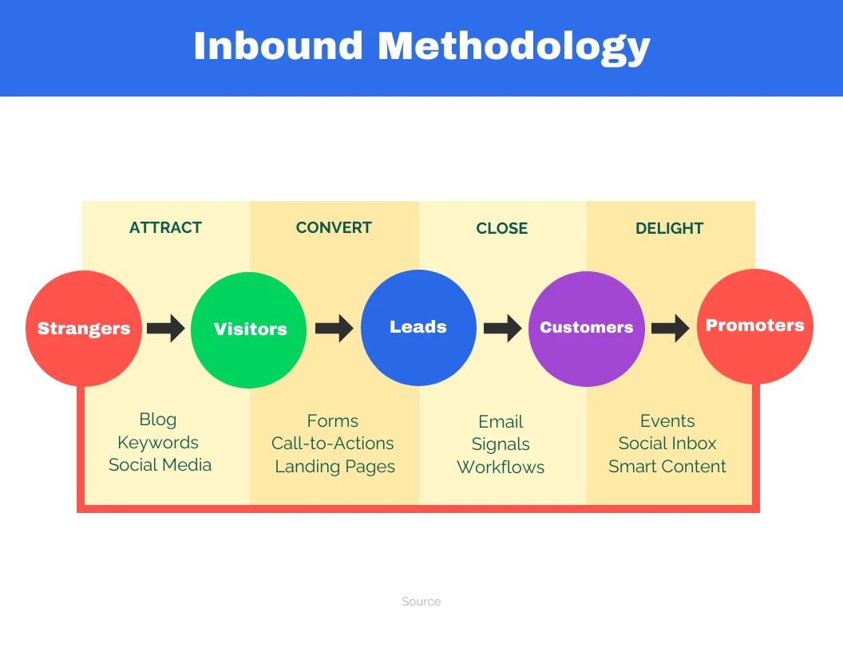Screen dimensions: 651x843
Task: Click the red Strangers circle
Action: pos(84,329)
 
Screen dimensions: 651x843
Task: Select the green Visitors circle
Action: pos(249,329)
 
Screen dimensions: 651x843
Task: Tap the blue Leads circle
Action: pos(418,327)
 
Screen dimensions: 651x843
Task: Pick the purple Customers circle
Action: pos(587,328)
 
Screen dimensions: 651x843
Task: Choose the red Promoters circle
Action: pos(754,325)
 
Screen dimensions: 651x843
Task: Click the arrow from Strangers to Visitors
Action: pos(166,328)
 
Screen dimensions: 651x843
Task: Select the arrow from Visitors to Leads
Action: pos(334,328)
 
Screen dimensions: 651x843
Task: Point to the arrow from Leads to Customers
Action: pos(502,328)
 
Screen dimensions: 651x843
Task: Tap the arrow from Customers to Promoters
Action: pos(670,328)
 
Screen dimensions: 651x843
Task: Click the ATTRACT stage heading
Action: pos(165,228)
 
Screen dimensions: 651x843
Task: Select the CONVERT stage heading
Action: pos(334,228)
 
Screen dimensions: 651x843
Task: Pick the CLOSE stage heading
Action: pos(501,229)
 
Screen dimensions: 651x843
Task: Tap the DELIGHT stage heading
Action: pos(669,229)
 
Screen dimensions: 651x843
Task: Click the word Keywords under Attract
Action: pos(158,443)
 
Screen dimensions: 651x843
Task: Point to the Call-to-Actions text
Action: pos(333,444)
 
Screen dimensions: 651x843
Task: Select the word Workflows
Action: pos(501,468)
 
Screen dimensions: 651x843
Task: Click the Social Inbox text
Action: pos(667,444)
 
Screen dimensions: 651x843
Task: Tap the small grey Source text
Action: pos(421,602)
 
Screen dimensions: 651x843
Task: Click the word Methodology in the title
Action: pos(514,46)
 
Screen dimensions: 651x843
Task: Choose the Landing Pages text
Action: pos(334,468)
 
